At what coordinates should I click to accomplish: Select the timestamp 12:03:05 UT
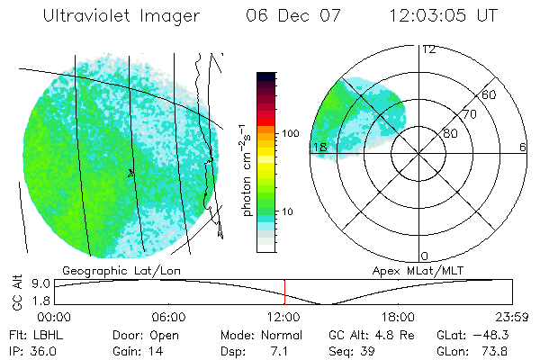point(444,16)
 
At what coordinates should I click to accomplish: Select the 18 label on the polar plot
point(318,147)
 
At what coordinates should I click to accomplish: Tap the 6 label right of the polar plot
point(523,147)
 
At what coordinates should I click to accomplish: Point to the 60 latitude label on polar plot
point(490,94)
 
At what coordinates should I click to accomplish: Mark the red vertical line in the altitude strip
point(284,292)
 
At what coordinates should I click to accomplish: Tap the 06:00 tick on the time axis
point(169,317)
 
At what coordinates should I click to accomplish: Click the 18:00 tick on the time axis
point(398,317)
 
